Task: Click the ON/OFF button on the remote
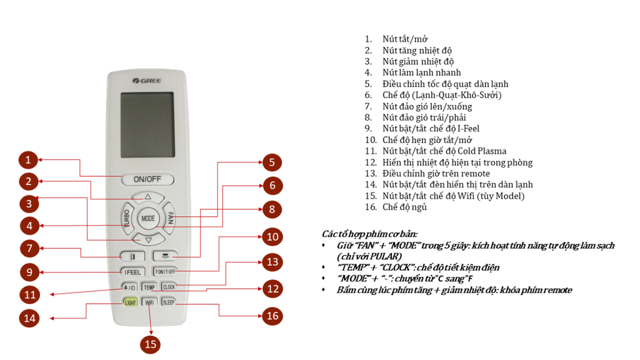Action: pyautogui.click(x=147, y=179)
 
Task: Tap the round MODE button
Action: pyautogui.click(x=148, y=219)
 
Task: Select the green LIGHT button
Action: pyautogui.click(x=130, y=302)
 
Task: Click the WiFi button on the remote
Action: pyautogui.click(x=149, y=302)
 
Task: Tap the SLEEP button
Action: pyautogui.click(x=169, y=302)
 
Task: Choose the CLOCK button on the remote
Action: pyautogui.click(x=169, y=287)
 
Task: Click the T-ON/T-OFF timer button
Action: pyautogui.click(x=166, y=272)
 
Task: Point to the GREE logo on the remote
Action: pyautogui.click(x=147, y=81)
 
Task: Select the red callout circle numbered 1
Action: pyautogui.click(x=28, y=160)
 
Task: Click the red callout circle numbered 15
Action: pyautogui.click(x=150, y=344)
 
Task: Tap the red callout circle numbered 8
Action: pyautogui.click(x=271, y=209)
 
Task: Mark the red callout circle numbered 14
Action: pyautogui.click(x=29, y=317)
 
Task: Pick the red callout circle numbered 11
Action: pyautogui.click(x=29, y=294)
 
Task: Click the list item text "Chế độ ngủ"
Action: pyautogui.click(x=404, y=207)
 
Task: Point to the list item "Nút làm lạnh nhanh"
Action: pyautogui.click(x=421, y=72)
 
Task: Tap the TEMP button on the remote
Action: pyautogui.click(x=149, y=287)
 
